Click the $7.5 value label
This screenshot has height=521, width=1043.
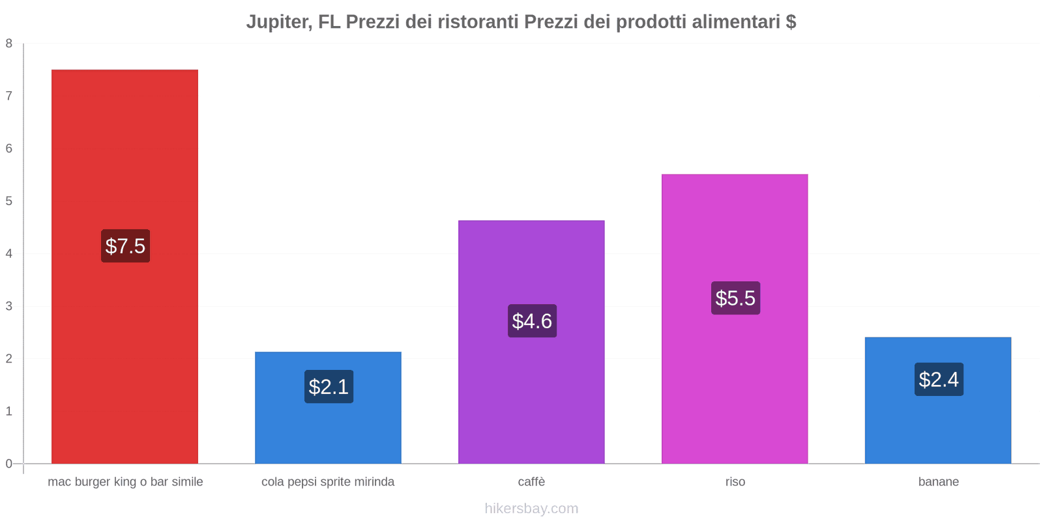(x=125, y=246)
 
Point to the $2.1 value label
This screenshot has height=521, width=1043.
(x=329, y=387)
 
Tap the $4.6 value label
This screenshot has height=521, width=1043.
(x=532, y=321)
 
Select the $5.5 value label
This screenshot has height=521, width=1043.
(x=735, y=298)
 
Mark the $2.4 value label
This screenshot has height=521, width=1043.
(x=939, y=380)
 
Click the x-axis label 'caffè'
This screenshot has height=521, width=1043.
(x=531, y=482)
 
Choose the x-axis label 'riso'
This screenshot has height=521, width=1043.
(x=735, y=482)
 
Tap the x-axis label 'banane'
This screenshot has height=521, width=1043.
(x=938, y=482)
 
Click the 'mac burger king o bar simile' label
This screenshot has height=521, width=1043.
(x=125, y=482)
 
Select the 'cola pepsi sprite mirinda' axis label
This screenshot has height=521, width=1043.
(x=328, y=482)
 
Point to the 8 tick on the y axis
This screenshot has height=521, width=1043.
(x=9, y=44)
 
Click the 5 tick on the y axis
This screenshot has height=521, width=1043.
(x=9, y=201)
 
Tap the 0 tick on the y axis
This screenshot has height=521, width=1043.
(x=9, y=464)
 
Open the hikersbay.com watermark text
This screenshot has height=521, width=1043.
(x=531, y=509)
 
